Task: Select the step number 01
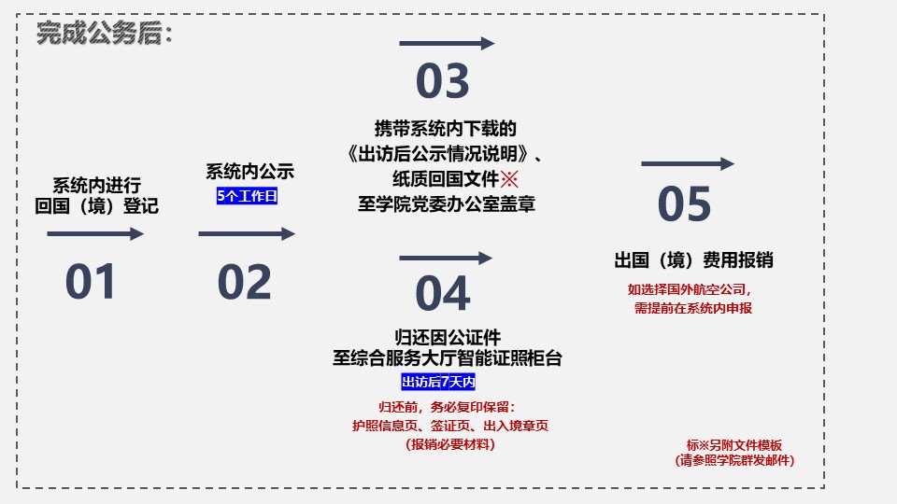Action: [x=91, y=281]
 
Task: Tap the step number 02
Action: [x=244, y=282]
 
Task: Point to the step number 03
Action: [x=443, y=80]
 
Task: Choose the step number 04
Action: [x=443, y=293]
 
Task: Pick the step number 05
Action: [x=684, y=204]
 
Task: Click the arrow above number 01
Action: [x=95, y=233]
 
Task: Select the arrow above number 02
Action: [x=247, y=233]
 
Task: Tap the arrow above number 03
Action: [x=447, y=44]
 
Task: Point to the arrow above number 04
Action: [x=446, y=259]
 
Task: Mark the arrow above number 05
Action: [x=688, y=164]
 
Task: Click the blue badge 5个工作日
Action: [x=247, y=196]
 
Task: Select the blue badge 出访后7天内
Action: [x=438, y=382]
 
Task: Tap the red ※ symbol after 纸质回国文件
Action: [x=509, y=179]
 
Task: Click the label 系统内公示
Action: [x=250, y=172]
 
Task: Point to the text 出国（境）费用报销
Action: [x=694, y=260]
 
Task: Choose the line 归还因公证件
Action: [x=448, y=337]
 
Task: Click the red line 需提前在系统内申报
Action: [x=692, y=308]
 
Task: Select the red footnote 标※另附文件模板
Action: [x=734, y=445]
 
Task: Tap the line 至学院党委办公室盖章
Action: [x=447, y=204]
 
